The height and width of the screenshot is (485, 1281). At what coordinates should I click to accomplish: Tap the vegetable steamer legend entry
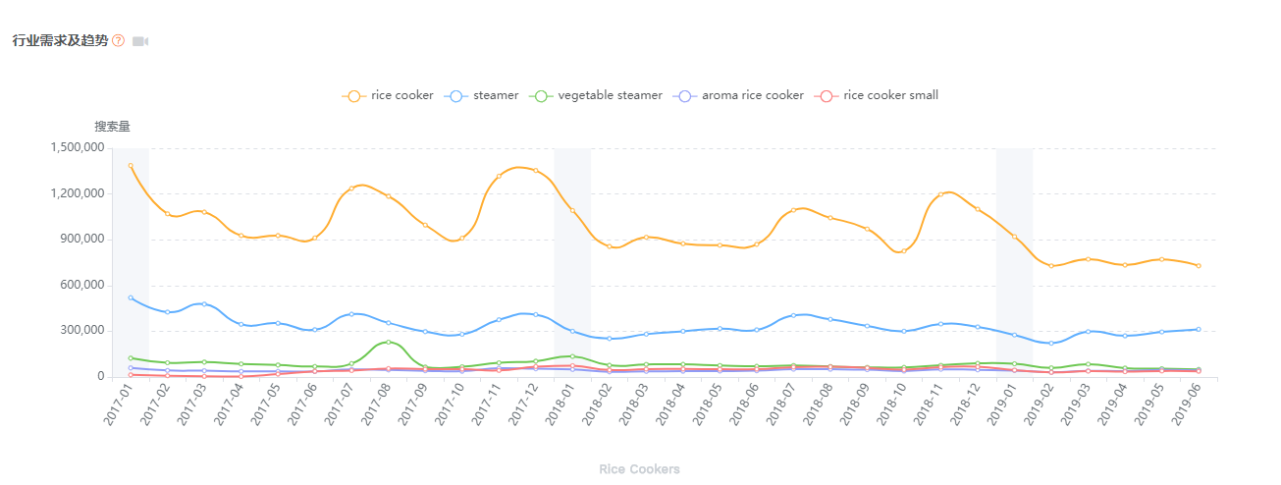[x=596, y=95]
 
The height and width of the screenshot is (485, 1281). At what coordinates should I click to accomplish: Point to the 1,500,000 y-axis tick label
[x=75, y=147]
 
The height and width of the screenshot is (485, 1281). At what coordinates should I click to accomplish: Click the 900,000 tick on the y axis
[x=79, y=239]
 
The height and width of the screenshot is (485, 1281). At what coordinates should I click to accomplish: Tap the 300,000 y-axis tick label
[x=79, y=331]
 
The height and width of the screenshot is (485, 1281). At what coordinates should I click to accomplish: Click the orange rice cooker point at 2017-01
[x=131, y=166]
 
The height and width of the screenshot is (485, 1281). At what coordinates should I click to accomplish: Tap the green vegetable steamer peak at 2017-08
[x=389, y=342]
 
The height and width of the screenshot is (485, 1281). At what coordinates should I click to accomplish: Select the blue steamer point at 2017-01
[x=131, y=297]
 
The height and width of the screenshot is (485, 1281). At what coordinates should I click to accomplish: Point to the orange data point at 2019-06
[x=1199, y=265]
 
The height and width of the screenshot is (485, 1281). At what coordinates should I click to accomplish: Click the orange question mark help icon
[x=119, y=40]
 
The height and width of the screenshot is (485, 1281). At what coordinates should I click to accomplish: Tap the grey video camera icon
[x=140, y=41]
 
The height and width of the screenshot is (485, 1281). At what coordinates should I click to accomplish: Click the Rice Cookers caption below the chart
[x=639, y=469]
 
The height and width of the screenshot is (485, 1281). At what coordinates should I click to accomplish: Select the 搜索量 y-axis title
[x=112, y=126]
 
